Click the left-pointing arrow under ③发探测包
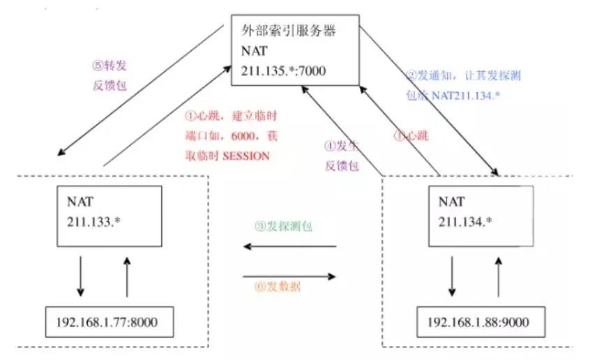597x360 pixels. [289, 246]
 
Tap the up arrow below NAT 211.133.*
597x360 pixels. [127, 276]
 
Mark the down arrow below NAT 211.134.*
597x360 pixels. [453, 276]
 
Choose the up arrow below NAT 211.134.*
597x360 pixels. [498, 276]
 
